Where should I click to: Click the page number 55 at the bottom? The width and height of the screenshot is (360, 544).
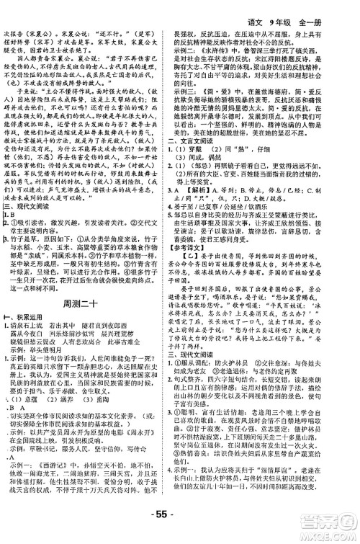[x=179, y=534]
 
